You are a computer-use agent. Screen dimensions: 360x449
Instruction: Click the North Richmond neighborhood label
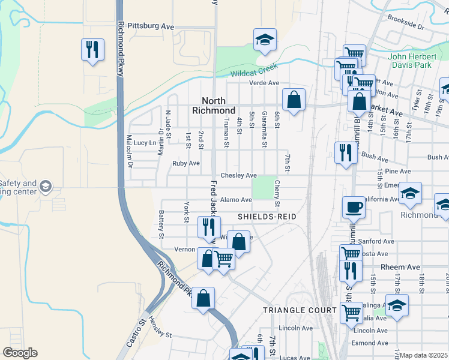[214, 106]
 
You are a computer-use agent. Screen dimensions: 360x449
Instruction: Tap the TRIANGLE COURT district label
[300, 310]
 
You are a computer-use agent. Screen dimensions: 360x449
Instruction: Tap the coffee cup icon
[354, 208]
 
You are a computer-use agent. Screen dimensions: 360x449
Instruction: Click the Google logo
[20, 353]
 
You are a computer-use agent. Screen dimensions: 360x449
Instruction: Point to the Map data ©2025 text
[423, 355]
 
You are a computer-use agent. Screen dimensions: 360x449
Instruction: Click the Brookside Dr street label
[405, 27]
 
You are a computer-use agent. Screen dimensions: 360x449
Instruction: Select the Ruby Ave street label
[185, 163]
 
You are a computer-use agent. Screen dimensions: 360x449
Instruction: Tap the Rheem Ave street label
[395, 266]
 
